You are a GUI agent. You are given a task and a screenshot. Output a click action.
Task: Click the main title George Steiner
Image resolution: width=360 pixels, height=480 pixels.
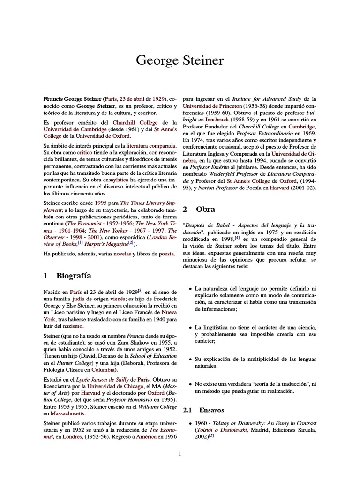coord(180,60)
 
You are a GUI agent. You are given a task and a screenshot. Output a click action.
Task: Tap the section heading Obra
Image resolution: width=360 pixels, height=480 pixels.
coord(205,209)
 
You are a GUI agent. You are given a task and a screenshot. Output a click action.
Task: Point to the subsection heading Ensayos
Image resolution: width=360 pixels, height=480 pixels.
coord(212,410)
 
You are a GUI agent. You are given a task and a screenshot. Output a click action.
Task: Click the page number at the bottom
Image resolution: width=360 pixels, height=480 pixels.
coord(180,453)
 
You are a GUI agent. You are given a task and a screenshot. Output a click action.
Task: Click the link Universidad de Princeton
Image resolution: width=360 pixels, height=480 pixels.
coord(212,106)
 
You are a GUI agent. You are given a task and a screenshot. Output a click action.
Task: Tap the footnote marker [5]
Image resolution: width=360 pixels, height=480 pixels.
coord(211,435)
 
